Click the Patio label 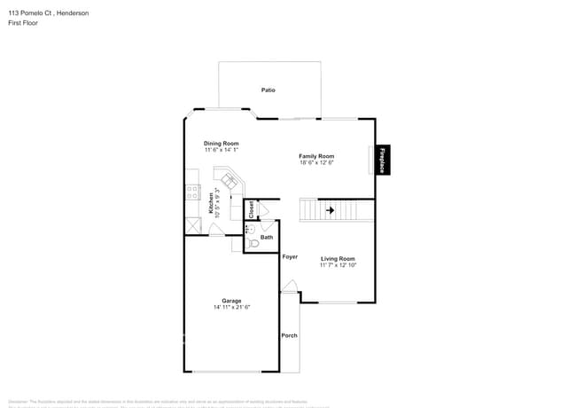tap(268, 90)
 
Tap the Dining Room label tap(222, 143)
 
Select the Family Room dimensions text tap(316, 163)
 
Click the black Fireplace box tap(382, 160)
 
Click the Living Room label tap(338, 258)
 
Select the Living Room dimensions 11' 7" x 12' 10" tap(338, 265)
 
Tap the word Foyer tap(290, 257)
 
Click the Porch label tap(289, 335)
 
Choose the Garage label tap(231, 301)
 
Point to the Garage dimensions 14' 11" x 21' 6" tap(231, 308)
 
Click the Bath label tap(267, 237)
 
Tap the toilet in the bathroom tap(253, 243)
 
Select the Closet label tap(251, 209)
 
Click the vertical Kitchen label tap(210, 204)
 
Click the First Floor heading tap(23, 23)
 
